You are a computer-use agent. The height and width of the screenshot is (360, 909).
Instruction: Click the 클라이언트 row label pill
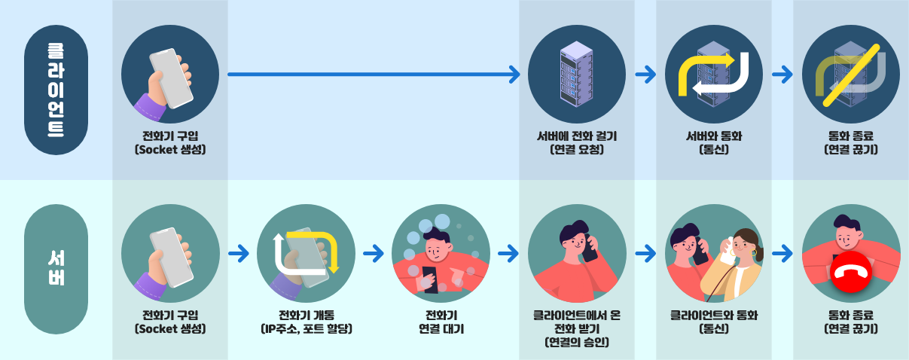56,90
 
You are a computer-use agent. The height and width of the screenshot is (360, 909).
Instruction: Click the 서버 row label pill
56,269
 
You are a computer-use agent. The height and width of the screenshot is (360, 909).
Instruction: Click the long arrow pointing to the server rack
373,74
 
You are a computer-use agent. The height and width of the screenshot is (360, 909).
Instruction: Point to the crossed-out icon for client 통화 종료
851,75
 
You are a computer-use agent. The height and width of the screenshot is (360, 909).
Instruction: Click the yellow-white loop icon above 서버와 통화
714,75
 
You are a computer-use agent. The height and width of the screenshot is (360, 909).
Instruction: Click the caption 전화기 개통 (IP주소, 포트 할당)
305,322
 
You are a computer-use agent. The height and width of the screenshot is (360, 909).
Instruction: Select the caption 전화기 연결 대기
441,322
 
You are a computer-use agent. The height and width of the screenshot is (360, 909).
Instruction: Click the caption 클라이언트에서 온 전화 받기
577,328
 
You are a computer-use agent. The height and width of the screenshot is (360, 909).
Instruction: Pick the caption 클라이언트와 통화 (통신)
714,322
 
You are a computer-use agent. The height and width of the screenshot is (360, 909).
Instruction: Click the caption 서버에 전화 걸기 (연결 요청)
577,142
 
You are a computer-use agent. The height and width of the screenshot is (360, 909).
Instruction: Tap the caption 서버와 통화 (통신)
714,142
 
